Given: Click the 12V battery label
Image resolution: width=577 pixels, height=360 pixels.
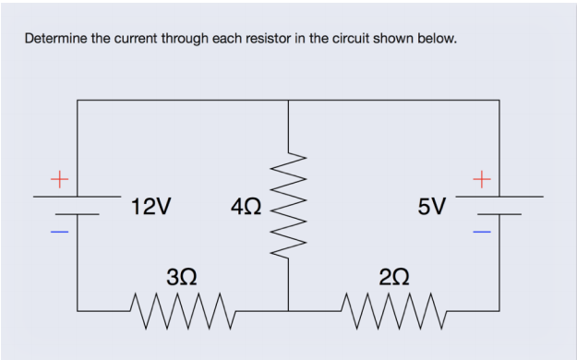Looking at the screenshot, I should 150,206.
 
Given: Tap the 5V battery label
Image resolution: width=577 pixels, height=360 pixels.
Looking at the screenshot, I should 431,206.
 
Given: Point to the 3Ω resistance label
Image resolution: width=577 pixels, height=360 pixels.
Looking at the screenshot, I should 180,275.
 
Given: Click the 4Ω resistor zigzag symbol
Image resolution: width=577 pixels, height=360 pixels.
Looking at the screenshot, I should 288,205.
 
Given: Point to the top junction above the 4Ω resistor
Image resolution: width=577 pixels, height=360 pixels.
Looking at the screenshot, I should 288,100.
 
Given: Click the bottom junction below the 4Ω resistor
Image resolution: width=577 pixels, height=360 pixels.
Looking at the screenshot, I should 288,311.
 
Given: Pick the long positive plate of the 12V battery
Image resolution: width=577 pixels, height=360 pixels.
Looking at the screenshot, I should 78,196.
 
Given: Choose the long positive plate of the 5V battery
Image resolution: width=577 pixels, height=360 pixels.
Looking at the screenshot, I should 499,196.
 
